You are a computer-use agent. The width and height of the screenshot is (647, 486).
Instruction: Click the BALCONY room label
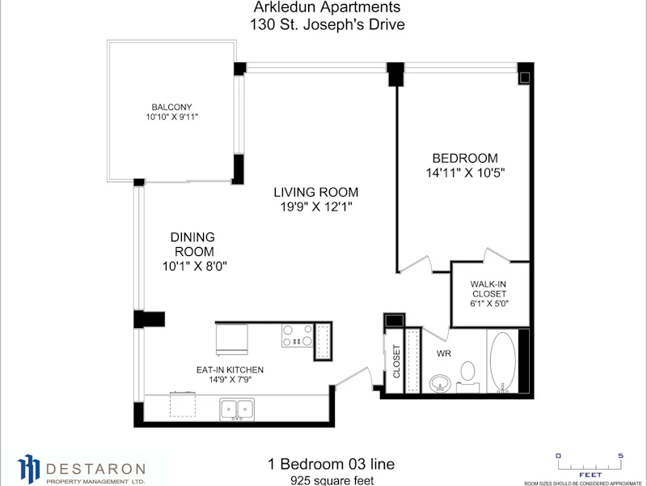(x=171, y=108)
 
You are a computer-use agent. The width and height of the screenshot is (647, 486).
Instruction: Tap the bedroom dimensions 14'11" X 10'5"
(x=466, y=173)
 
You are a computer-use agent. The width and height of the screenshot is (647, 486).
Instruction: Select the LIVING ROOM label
(x=316, y=192)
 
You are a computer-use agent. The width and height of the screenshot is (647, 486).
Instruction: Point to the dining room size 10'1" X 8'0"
(x=195, y=266)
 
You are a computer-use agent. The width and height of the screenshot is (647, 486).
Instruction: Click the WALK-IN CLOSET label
(x=489, y=289)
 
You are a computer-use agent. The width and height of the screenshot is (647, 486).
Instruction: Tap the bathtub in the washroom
(x=502, y=360)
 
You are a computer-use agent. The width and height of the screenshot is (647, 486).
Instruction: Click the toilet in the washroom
(x=467, y=376)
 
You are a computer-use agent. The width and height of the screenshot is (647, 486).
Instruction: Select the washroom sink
(x=440, y=383)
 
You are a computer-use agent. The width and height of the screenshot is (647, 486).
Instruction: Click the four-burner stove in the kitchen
(x=297, y=335)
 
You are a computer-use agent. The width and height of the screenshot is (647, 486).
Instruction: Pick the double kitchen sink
(x=237, y=409)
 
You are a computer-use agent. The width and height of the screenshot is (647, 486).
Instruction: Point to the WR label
(x=443, y=354)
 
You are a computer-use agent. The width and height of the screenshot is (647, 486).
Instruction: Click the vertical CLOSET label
(x=396, y=361)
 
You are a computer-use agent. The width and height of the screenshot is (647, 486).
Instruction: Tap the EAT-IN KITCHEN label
(x=230, y=370)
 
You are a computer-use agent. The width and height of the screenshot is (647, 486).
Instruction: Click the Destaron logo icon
(x=28, y=469)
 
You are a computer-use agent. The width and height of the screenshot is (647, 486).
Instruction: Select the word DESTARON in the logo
(x=95, y=469)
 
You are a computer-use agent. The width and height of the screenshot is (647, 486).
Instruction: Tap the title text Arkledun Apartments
(x=327, y=7)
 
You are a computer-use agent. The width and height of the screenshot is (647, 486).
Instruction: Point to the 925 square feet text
(x=332, y=480)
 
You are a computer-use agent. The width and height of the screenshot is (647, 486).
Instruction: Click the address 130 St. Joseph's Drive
(x=328, y=24)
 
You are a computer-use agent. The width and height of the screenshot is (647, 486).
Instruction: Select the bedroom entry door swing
(x=416, y=265)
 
